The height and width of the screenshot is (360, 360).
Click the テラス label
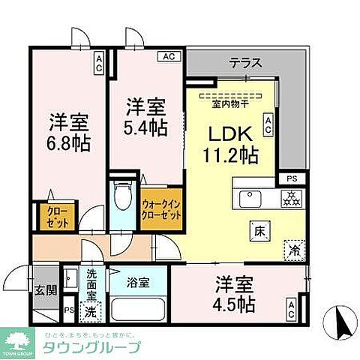[x=245, y=63]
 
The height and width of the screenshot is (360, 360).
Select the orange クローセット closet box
[x=50, y=217]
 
